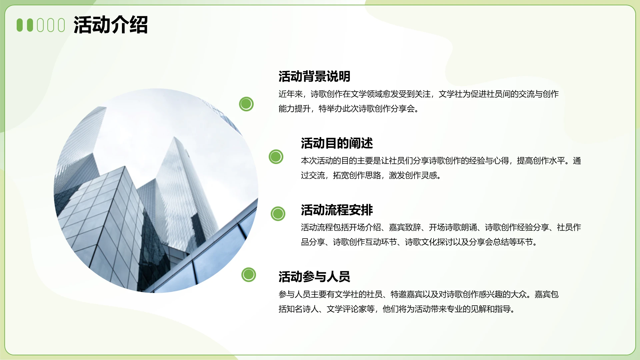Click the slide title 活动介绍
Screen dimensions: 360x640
point(110,25)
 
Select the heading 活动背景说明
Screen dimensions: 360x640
point(314,76)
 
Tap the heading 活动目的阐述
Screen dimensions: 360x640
point(337,143)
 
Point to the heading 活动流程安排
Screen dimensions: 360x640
point(337,210)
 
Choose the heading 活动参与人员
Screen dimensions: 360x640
point(314,277)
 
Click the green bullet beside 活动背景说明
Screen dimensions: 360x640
point(246,104)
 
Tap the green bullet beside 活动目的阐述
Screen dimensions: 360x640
point(276,157)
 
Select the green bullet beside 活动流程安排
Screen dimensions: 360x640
point(278,214)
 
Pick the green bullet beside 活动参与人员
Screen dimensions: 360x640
point(249,275)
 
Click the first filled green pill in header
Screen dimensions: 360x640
point(20,25)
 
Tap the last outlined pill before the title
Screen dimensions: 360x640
point(61,25)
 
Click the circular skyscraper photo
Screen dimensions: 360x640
point(156,191)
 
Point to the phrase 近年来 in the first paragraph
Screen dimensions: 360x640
point(290,94)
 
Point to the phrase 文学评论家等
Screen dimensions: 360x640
point(350,309)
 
